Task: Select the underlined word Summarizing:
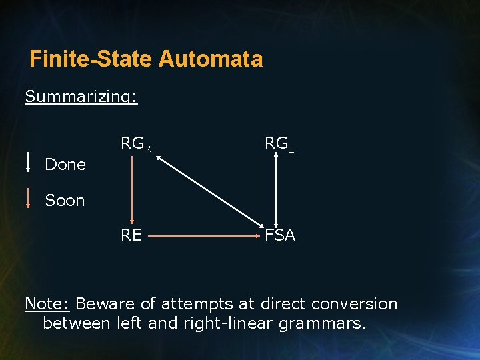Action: pyautogui.click(x=81, y=97)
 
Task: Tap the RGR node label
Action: pyautogui.click(x=135, y=144)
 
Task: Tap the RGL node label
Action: pyautogui.click(x=279, y=143)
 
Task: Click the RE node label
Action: pyautogui.click(x=131, y=235)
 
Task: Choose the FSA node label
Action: pyautogui.click(x=280, y=235)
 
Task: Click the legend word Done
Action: pyautogui.click(x=65, y=165)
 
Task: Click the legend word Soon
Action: pyautogui.click(x=65, y=201)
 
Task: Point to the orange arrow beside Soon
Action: pyautogui.click(x=28, y=199)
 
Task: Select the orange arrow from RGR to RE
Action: pyautogui.click(x=132, y=190)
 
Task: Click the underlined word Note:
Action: pyautogui.click(x=47, y=304)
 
